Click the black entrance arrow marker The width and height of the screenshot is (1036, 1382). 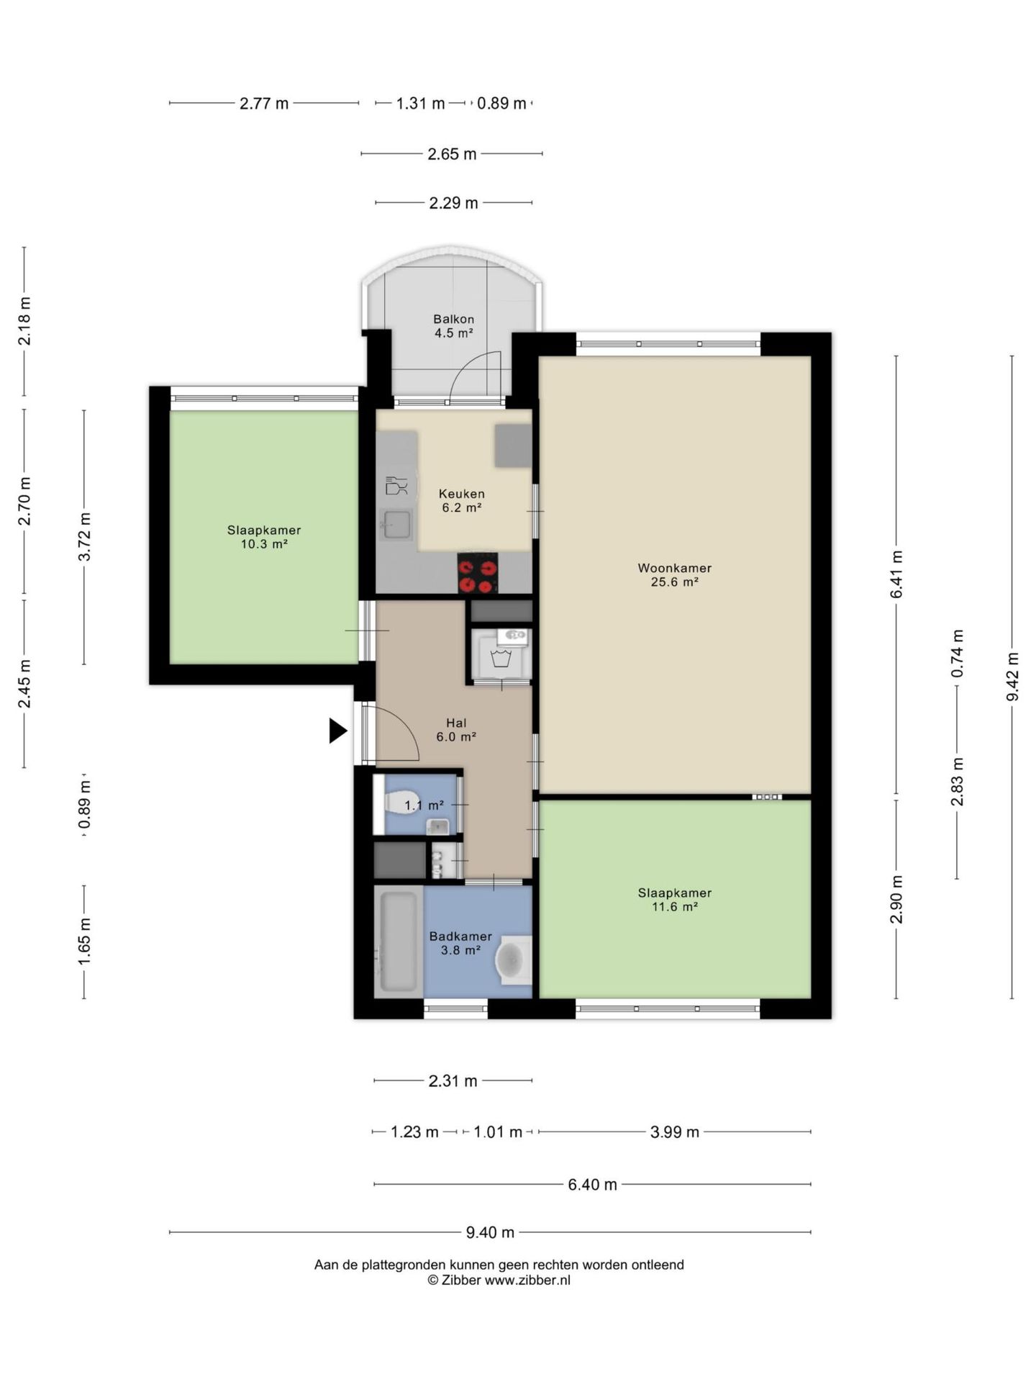[337, 731]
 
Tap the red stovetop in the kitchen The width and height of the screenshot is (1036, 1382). [478, 573]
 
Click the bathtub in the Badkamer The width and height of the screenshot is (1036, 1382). [399, 941]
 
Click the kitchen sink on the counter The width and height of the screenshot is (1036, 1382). [396, 524]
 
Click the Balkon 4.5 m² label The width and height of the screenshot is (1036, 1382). [453, 326]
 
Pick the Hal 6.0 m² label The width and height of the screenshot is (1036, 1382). [456, 730]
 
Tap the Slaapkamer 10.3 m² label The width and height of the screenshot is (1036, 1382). [264, 537]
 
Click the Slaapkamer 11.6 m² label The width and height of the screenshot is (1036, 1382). [675, 900]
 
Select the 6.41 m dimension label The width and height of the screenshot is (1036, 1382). [896, 574]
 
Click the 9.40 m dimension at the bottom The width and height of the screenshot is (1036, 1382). [490, 1232]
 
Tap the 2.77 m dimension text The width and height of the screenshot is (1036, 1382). [264, 104]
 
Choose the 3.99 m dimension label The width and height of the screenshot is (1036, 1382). [675, 1132]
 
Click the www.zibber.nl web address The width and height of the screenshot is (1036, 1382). [527, 1280]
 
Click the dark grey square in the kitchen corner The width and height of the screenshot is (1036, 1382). [512, 446]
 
